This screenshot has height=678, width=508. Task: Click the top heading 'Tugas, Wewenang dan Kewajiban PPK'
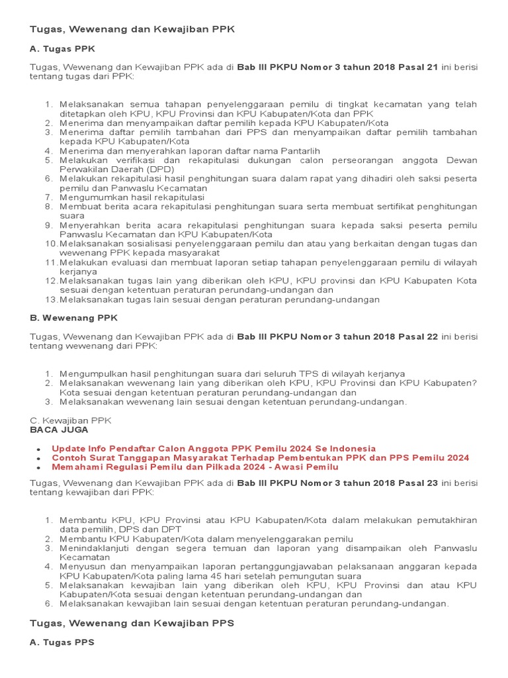(x=132, y=29)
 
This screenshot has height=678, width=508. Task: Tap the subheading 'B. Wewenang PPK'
(x=73, y=317)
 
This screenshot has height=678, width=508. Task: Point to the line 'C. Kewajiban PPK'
(x=71, y=420)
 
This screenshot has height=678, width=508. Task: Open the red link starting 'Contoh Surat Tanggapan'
(x=260, y=458)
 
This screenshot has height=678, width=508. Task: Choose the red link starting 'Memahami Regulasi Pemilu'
(x=194, y=467)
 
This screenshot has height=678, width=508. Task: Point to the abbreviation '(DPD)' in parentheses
(x=158, y=169)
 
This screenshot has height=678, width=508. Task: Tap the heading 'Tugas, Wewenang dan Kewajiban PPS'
(x=132, y=623)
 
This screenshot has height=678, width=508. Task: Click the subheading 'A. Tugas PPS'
(x=62, y=642)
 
